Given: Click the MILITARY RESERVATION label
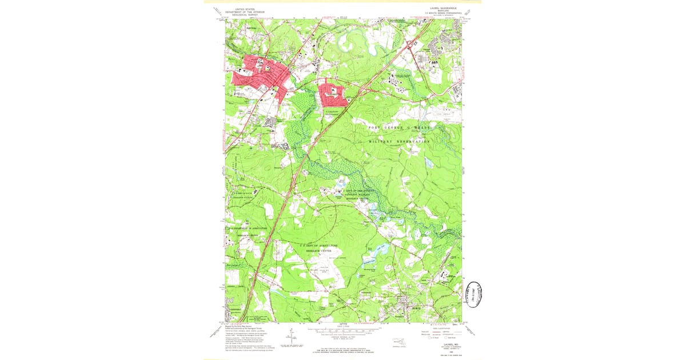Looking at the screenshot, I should click(x=399, y=141).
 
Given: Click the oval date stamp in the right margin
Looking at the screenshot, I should click(x=473, y=294).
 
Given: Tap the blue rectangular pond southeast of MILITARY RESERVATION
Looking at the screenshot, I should click(x=428, y=164).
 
